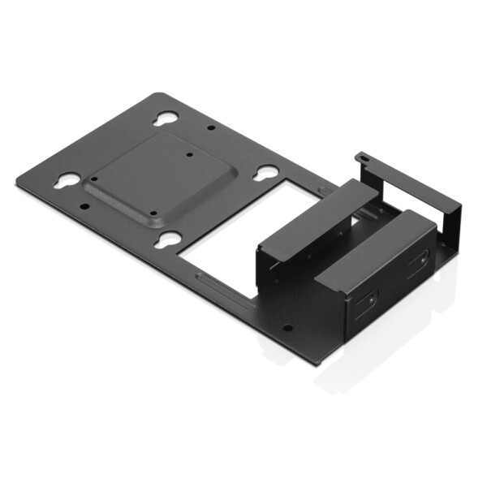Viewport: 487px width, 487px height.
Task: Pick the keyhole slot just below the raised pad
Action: (x=170, y=238)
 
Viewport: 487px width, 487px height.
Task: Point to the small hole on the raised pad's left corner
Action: (x=94, y=179)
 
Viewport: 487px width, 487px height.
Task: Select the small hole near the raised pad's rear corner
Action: (x=189, y=154)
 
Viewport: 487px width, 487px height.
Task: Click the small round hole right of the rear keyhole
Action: (x=211, y=127)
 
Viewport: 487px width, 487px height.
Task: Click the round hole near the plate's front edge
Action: (x=287, y=329)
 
